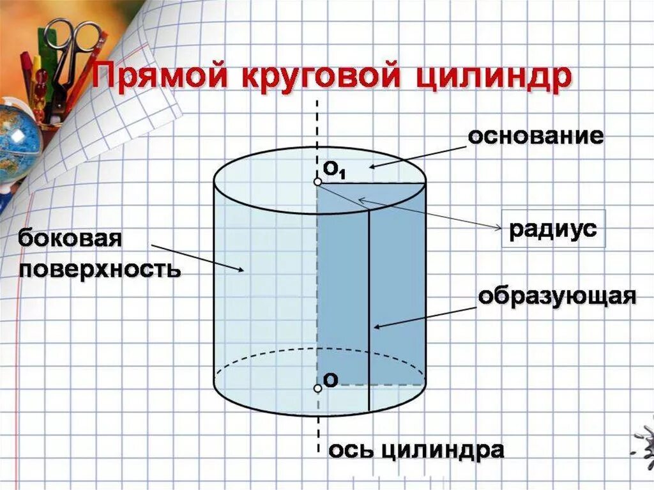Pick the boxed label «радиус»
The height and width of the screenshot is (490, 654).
point(553,229)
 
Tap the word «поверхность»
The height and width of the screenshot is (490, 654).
point(100,269)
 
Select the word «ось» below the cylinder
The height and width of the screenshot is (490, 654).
point(349,450)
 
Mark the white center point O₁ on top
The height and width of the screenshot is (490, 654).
point(317,182)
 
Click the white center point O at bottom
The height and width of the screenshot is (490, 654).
point(317,388)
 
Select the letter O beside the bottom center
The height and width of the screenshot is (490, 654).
point(331,380)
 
